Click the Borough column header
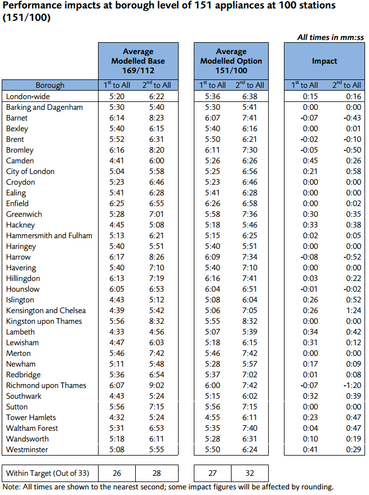[50, 85]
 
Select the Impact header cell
[324, 61]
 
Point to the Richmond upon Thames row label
[46, 385]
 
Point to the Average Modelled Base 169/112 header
[138, 61]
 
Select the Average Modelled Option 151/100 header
[231, 61]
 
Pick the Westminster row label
[27, 449]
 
